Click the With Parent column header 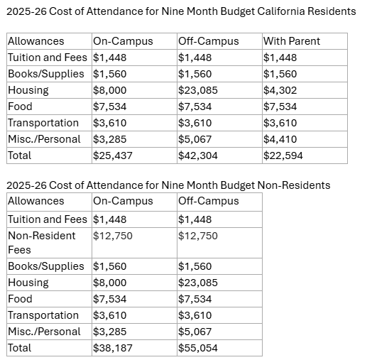click(x=292, y=41)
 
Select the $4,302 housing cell click(x=280, y=90)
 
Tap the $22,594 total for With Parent click(x=283, y=156)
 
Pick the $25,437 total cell click(x=112, y=156)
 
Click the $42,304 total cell click(x=197, y=156)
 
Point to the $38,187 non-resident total click(x=112, y=348)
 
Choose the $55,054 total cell click(x=197, y=348)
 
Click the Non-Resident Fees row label click(x=41, y=243)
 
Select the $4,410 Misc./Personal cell click(x=280, y=139)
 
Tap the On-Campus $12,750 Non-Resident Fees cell click(x=112, y=236)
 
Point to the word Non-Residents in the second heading click(x=294, y=185)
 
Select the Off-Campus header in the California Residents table click(x=208, y=41)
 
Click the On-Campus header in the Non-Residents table click(x=123, y=201)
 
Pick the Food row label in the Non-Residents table click(x=20, y=299)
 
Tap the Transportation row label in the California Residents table click(x=43, y=123)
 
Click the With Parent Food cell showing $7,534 click(x=280, y=107)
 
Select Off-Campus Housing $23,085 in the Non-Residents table click(x=197, y=283)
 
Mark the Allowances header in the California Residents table click(x=35, y=41)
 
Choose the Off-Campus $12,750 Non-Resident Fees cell click(x=197, y=236)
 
